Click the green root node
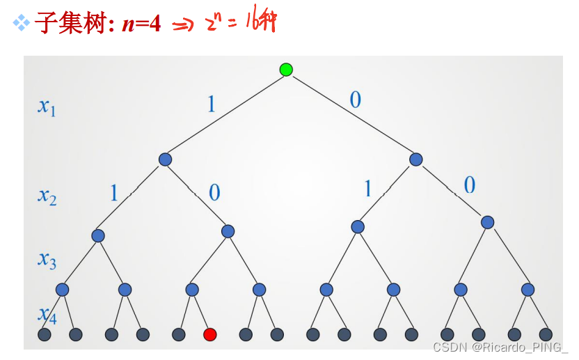[x=286, y=69]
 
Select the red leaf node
[x=209, y=335]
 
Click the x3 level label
[x=47, y=260]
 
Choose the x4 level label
[x=47, y=315]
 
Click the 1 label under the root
[x=212, y=104]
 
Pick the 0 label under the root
[x=356, y=100]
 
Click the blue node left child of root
[x=165, y=159]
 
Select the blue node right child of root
[x=415, y=159]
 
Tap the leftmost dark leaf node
[x=45, y=335]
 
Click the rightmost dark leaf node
[x=546, y=335]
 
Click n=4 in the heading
[x=141, y=24]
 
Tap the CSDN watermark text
[x=500, y=347]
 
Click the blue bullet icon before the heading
[x=22, y=24]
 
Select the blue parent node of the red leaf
[x=192, y=289]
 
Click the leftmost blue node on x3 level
[x=98, y=235]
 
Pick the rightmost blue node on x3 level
[x=487, y=222]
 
